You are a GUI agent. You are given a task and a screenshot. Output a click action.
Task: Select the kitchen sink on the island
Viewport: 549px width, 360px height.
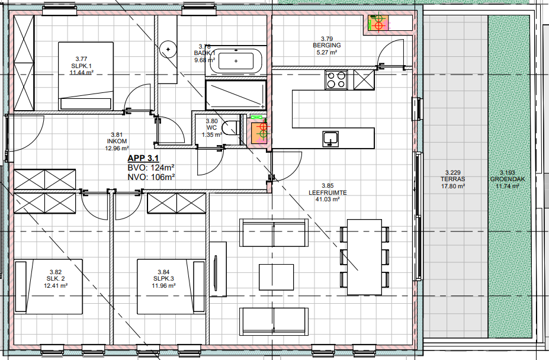click(331, 139)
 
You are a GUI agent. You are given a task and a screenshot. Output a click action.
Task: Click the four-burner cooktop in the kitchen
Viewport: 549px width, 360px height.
click(336, 80)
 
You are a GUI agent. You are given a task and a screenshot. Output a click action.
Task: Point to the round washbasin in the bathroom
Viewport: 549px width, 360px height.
click(168, 49)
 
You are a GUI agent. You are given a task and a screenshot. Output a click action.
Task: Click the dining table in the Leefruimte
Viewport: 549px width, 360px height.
click(364, 257)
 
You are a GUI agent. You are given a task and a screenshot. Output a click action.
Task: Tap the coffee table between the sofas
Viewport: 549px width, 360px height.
click(276, 277)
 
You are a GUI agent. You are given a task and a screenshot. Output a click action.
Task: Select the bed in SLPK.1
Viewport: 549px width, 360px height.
click(86, 75)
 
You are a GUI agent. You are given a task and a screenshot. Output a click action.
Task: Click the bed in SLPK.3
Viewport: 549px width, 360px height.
click(171, 287)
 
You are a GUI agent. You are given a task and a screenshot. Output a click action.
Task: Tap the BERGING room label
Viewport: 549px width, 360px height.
click(327, 45)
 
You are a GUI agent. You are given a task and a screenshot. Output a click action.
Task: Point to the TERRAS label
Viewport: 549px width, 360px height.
click(453, 179)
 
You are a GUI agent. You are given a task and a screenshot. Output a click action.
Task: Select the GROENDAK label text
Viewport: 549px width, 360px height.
click(508, 179)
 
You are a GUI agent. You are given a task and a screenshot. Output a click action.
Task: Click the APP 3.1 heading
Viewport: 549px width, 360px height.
click(143, 158)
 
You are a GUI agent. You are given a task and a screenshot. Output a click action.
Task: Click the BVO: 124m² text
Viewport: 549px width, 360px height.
click(151, 168)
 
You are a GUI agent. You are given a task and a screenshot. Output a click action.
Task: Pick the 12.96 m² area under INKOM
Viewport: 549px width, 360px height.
click(117, 148)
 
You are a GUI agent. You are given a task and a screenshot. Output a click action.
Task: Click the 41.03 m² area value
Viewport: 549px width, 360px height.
click(328, 200)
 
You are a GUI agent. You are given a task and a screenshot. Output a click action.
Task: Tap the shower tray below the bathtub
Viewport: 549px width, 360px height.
click(236, 95)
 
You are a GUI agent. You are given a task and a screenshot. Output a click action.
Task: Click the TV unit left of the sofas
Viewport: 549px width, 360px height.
click(218, 269)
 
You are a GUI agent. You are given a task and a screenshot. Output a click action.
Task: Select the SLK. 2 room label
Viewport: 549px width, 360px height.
click(56, 279)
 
